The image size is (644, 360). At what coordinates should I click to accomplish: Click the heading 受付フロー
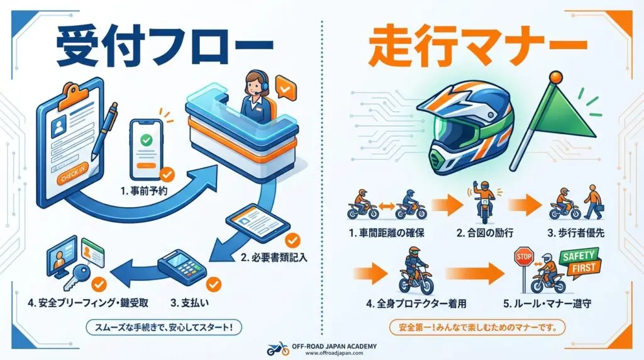click(164, 48)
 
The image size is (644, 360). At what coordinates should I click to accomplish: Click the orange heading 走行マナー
click(477, 47)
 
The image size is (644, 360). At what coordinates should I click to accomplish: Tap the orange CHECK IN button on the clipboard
click(73, 174)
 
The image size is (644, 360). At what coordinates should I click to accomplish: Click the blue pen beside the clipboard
click(104, 131)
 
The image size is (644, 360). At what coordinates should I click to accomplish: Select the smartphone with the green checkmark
click(146, 149)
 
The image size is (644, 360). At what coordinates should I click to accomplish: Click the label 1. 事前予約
click(144, 191)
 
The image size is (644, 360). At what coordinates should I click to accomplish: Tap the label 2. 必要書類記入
click(274, 258)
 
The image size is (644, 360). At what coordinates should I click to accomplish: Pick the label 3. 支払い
click(189, 303)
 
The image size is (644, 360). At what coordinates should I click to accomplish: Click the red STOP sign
click(524, 257)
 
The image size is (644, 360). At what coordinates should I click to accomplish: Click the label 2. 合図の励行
click(485, 233)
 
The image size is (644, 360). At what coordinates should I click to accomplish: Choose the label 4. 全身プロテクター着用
click(416, 304)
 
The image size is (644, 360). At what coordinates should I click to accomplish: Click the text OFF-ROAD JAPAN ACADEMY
click(334, 346)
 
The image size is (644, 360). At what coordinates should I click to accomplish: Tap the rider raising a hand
click(483, 201)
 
